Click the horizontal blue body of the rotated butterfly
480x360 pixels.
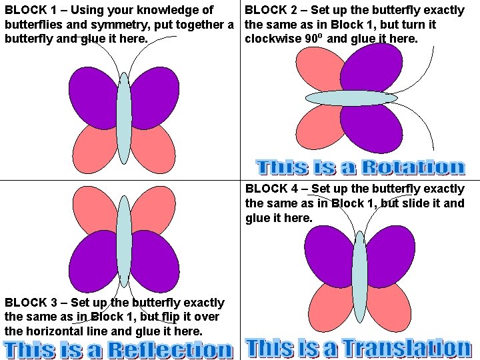click(351, 98)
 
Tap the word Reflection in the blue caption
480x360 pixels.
click(169, 349)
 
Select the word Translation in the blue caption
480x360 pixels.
click(407, 348)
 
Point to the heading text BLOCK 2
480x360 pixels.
click(271, 10)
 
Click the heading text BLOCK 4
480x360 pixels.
click(271, 189)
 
